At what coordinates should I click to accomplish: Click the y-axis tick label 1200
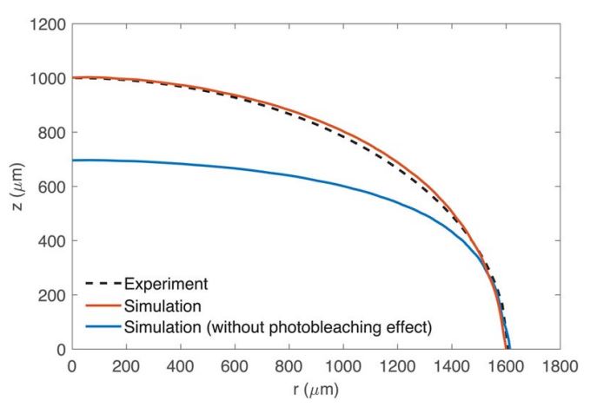50,23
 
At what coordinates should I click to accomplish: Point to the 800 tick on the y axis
54,132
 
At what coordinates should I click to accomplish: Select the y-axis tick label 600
54,187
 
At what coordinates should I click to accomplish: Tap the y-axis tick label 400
54,240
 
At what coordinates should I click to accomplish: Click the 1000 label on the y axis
50,78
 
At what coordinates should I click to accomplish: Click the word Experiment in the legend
166,284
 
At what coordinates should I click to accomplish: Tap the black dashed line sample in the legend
103,284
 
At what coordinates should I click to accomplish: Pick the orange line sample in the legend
103,305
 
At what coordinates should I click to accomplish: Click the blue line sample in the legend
103,327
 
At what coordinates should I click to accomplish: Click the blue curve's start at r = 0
73,161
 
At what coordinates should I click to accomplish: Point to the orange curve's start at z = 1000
73,77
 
